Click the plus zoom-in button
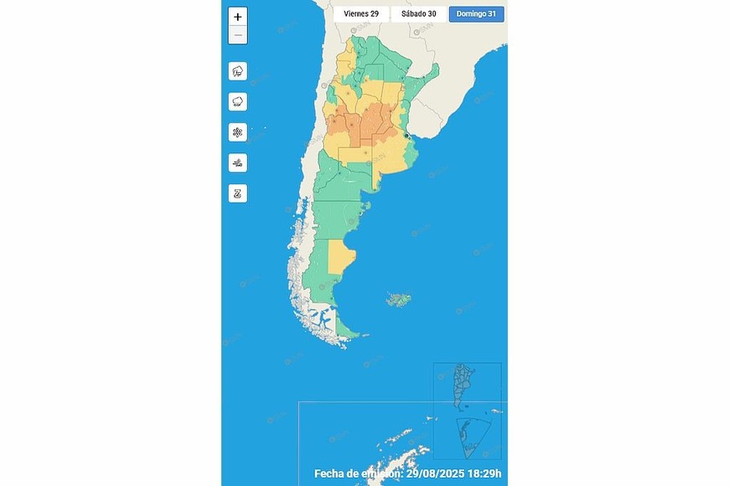(238, 17)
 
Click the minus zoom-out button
(238, 35)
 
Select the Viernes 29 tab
(361, 13)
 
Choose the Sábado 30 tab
(418, 13)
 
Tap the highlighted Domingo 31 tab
(477, 13)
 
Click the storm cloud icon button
(238, 71)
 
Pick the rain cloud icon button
(238, 101)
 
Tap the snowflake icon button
(238, 132)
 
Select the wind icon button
(238, 163)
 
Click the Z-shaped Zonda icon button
(238, 194)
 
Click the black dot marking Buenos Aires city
(407, 135)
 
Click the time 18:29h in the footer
(484, 474)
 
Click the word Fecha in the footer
(331, 474)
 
